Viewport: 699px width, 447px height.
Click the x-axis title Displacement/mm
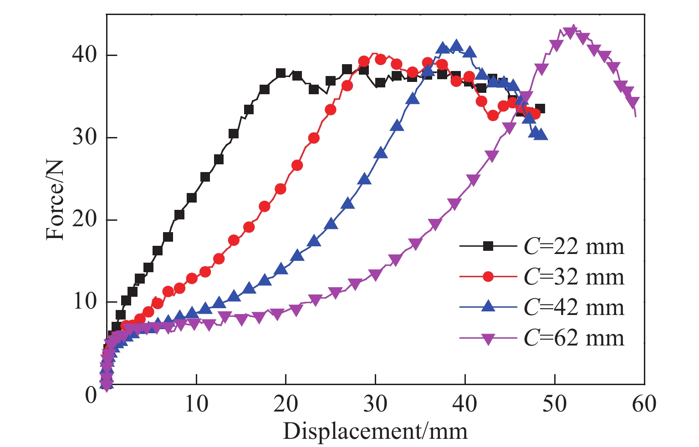tap(375, 430)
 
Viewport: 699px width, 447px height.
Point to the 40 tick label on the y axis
tap(84, 55)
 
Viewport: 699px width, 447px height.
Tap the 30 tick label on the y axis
tap(84, 137)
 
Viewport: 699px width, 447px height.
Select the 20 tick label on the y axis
tap(84, 220)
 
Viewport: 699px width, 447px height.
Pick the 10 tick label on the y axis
tap(84, 302)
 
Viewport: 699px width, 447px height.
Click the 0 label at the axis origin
tap(91, 394)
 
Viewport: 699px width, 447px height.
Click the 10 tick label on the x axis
tap(196, 403)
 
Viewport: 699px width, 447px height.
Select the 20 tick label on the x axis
tap(286, 403)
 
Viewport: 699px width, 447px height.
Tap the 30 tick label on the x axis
tap(375, 403)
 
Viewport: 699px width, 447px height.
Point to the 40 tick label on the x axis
tap(465, 403)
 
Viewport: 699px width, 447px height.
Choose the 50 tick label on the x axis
tap(555, 403)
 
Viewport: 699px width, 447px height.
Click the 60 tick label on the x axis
tap(644, 403)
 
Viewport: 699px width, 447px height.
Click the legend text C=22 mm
tap(574, 246)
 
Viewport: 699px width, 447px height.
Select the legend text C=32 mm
tap(574, 277)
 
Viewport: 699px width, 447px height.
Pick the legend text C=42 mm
tap(574, 307)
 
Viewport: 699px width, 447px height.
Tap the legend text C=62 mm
tap(574, 338)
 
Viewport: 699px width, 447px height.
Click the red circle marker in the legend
tap(488, 277)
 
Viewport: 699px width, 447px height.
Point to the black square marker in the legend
tap(488, 246)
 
